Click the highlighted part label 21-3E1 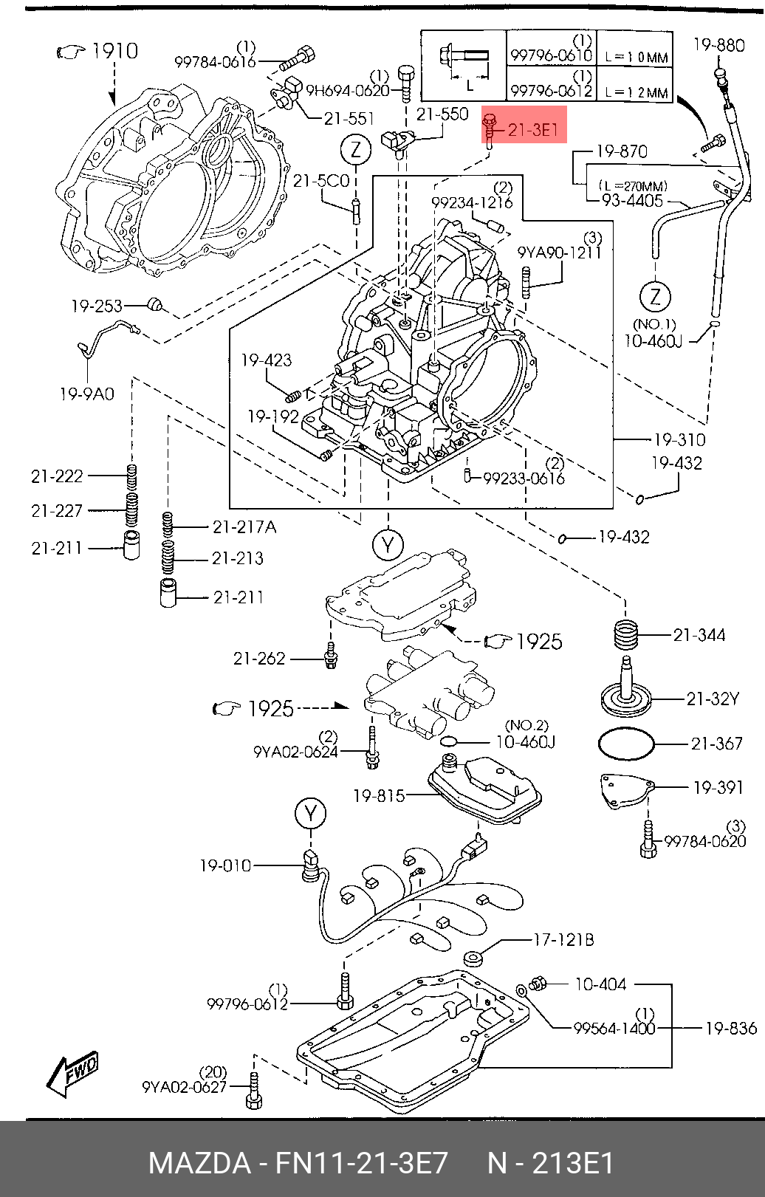click(532, 129)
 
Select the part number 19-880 click(719, 45)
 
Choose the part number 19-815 click(379, 796)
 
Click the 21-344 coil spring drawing click(625, 636)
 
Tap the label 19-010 click(225, 865)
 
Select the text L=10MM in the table click(637, 57)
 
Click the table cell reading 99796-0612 click(552, 90)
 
